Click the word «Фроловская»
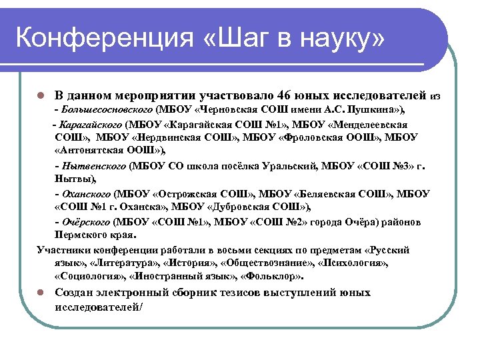click(310, 137)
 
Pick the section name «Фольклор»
click(273, 277)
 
